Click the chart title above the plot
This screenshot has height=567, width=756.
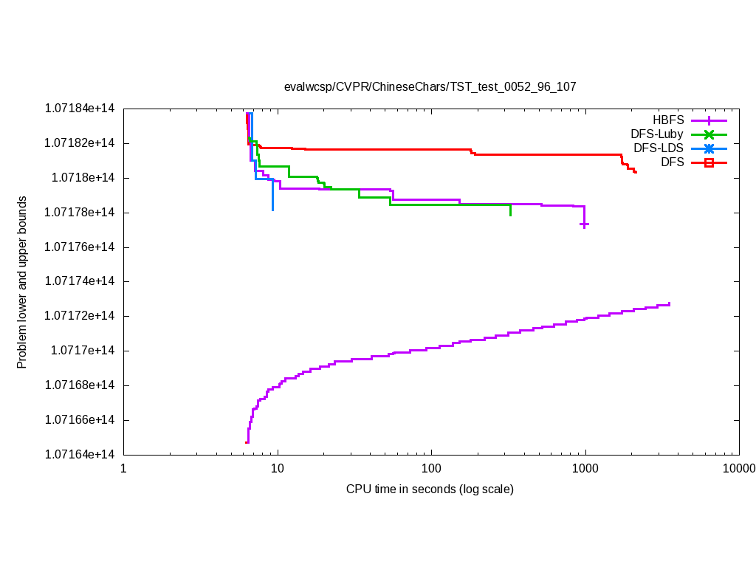[430, 86]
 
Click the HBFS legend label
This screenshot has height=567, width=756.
[668, 120]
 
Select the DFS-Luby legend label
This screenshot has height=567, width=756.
[657, 134]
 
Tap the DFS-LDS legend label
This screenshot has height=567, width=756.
[659, 148]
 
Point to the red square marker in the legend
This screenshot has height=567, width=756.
[709, 162]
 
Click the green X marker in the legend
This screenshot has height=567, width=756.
[709, 134]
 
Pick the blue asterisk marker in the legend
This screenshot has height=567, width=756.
[709, 148]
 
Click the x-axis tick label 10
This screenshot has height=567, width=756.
[278, 469]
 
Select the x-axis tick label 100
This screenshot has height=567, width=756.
[431, 469]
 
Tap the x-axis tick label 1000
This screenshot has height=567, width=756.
[585, 469]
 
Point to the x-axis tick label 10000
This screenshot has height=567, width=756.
[739, 469]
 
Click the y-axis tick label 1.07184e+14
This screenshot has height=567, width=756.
[80, 109]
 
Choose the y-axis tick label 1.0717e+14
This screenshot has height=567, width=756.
[83, 351]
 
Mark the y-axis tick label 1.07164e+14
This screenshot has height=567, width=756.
[80, 455]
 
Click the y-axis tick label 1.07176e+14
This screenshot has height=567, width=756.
[80, 247]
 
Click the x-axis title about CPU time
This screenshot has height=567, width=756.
[430, 489]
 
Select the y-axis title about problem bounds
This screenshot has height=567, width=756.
[22, 282]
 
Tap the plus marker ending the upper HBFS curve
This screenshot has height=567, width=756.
[584, 224]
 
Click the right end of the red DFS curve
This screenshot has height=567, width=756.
[636, 172]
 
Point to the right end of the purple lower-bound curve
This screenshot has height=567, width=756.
[669, 303]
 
